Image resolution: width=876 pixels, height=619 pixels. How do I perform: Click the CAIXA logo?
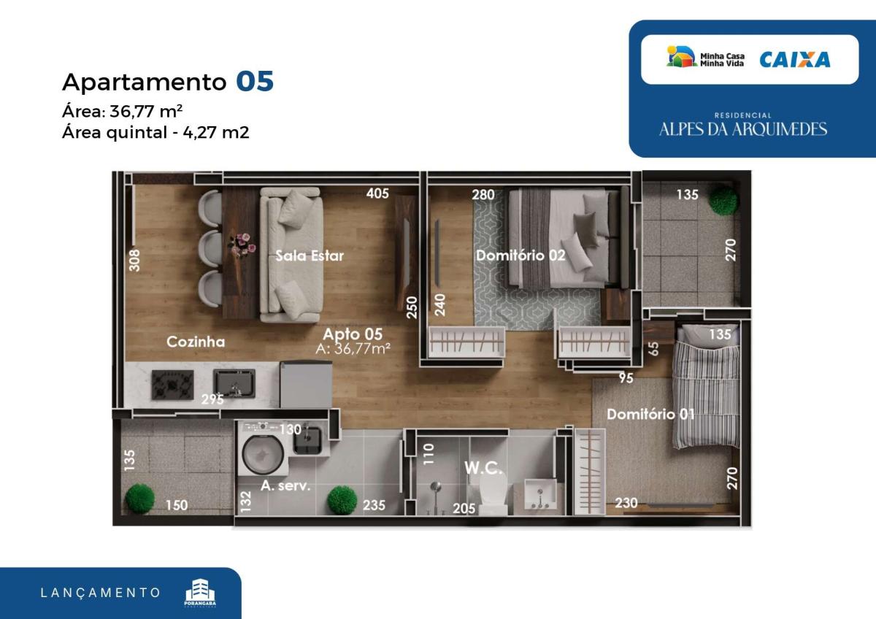click(x=795, y=59)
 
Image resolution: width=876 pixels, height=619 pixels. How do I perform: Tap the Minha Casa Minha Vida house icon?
click(x=681, y=56)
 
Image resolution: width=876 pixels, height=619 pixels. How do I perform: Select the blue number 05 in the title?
click(x=255, y=81)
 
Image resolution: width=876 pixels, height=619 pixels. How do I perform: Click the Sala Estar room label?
click(x=310, y=255)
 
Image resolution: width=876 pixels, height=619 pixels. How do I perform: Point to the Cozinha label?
click(x=196, y=342)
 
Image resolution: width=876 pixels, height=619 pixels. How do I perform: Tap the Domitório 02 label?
click(x=520, y=255)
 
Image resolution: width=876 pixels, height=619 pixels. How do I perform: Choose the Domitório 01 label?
click(x=650, y=414)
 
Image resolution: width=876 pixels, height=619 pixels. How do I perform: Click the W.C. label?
click(x=483, y=468)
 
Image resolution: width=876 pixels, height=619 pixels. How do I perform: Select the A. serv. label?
click(x=285, y=485)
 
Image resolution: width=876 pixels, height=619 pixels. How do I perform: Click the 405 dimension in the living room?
click(x=377, y=193)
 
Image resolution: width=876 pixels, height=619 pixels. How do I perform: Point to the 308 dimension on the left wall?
click(x=134, y=260)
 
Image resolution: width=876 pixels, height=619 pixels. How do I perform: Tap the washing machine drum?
click(x=264, y=453)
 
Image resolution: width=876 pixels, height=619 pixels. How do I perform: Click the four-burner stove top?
click(x=172, y=385)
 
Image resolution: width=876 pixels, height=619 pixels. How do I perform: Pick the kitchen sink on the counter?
click(x=234, y=383)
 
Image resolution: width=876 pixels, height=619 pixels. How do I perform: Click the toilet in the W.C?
click(x=493, y=491)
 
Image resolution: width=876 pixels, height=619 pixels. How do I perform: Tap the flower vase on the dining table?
click(x=242, y=245)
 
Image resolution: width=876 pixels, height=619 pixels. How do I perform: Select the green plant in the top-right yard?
click(x=723, y=200)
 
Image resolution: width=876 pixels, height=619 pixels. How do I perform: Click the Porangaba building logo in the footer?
click(x=200, y=593)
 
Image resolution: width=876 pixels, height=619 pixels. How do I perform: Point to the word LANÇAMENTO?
click(x=101, y=593)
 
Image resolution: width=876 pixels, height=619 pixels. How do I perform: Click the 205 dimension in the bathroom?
click(x=464, y=508)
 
